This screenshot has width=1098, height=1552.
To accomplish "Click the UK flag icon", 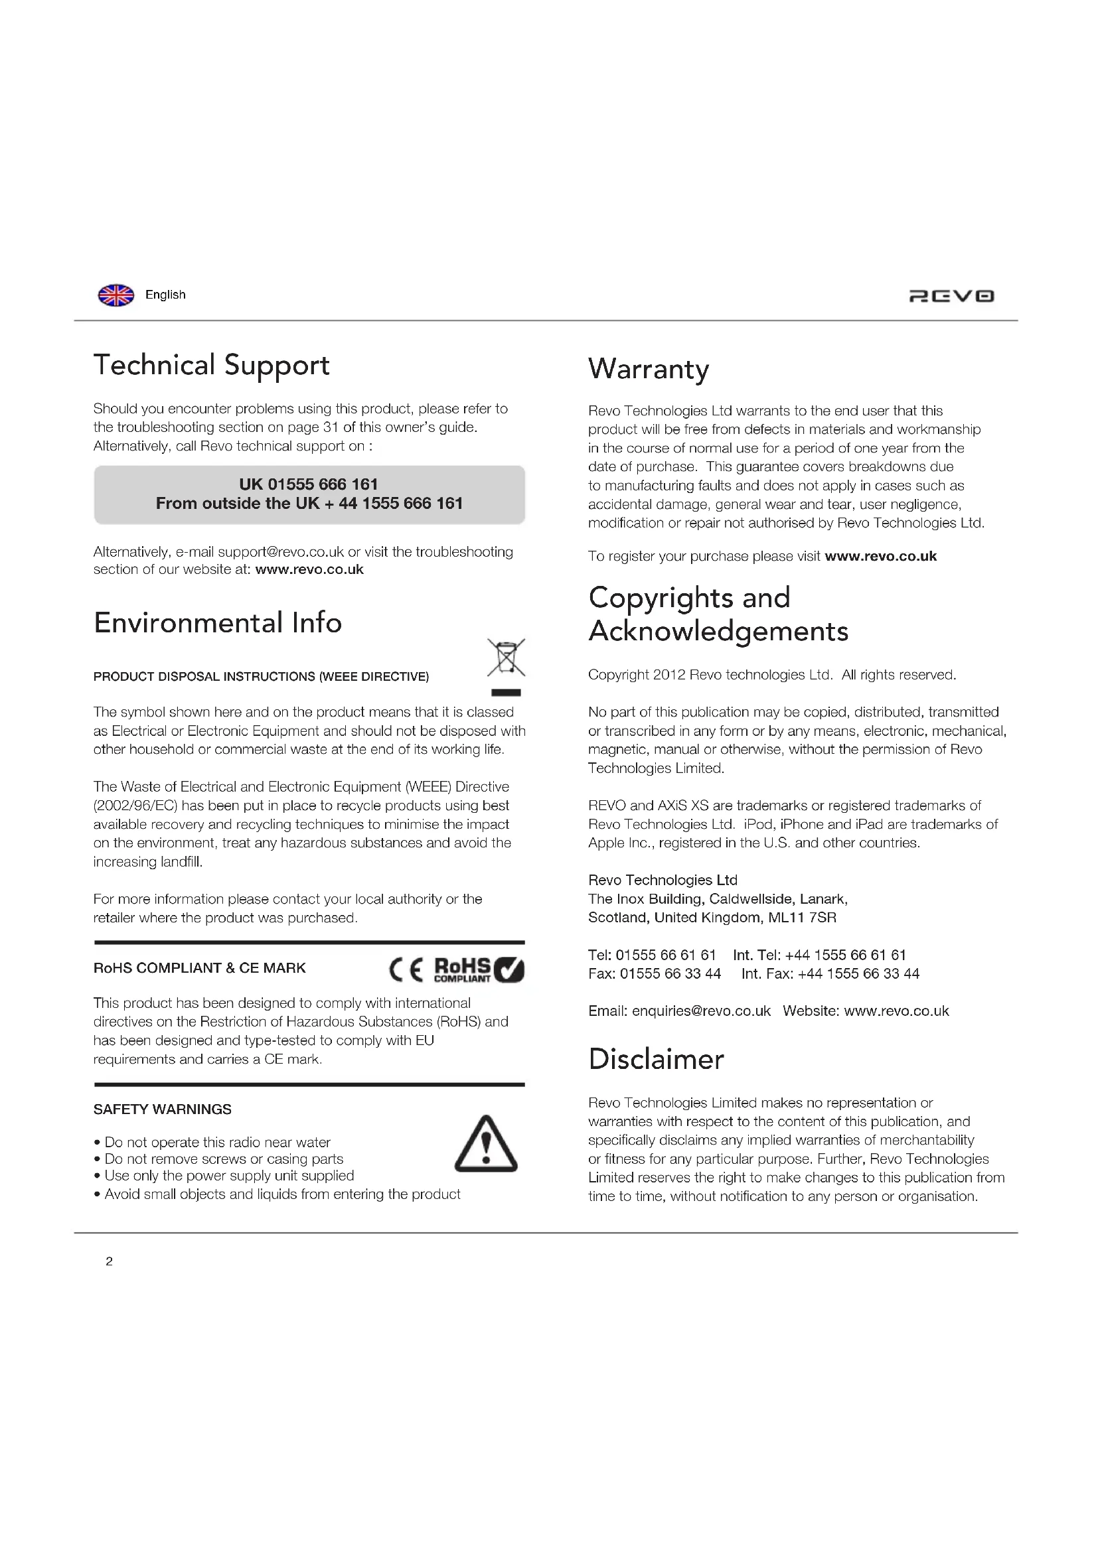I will point(116,295).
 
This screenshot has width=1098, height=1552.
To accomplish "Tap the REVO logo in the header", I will point(951,296).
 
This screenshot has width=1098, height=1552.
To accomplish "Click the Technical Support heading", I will point(212,366).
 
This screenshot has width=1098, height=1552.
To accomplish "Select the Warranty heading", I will point(649,369).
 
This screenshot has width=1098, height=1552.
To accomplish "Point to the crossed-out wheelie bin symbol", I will point(506,658).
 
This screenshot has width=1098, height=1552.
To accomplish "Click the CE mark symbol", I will point(406,971).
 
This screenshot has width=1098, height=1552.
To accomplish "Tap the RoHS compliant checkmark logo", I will point(479,970).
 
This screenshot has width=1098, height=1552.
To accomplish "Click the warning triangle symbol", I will point(485,1145).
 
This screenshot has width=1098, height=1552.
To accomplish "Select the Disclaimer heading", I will point(656,1059).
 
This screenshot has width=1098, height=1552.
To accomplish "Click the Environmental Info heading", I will point(218,622).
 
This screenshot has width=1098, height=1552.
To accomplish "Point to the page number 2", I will point(110,1261).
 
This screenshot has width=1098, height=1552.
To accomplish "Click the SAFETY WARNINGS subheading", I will point(162,1109).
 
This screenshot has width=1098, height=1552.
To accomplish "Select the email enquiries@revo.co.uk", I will point(701,1011).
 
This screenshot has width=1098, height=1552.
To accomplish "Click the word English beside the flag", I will point(165,295).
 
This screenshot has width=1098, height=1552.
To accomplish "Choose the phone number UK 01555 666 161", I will point(308,484).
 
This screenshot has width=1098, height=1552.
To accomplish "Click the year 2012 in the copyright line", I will point(668,675).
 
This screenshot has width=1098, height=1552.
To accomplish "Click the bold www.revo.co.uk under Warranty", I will point(880,556).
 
